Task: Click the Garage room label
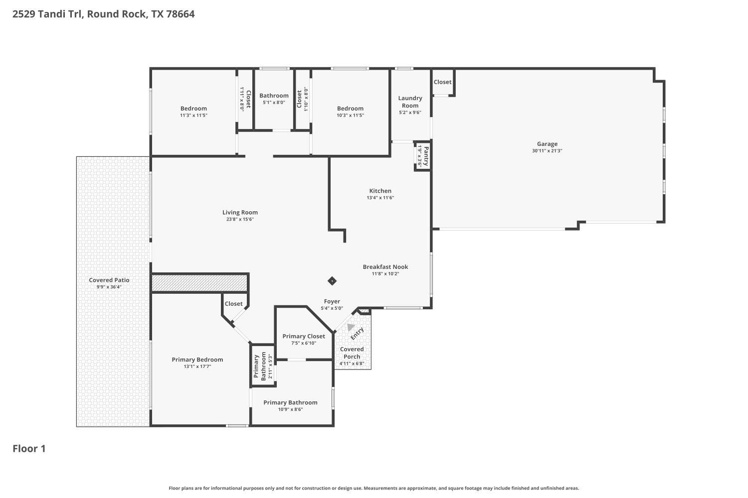(x=547, y=144)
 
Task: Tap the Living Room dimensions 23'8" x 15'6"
(x=240, y=219)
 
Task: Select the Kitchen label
(x=380, y=191)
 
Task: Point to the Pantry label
(x=425, y=156)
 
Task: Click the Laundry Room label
(x=410, y=102)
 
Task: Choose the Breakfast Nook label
(x=385, y=267)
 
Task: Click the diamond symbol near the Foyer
(x=332, y=281)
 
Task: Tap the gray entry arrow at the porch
(x=351, y=327)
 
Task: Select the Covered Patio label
(x=109, y=280)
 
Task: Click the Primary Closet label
(x=303, y=336)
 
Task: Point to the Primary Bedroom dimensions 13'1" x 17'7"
(x=197, y=367)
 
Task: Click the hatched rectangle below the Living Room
(x=199, y=284)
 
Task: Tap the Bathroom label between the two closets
(x=274, y=96)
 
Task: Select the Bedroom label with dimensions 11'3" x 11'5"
(x=193, y=109)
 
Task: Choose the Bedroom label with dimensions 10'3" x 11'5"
(x=350, y=109)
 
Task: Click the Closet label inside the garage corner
(x=442, y=82)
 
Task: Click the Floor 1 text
(x=29, y=449)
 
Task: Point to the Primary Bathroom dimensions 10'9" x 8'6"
(x=290, y=409)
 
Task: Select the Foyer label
(x=332, y=301)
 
